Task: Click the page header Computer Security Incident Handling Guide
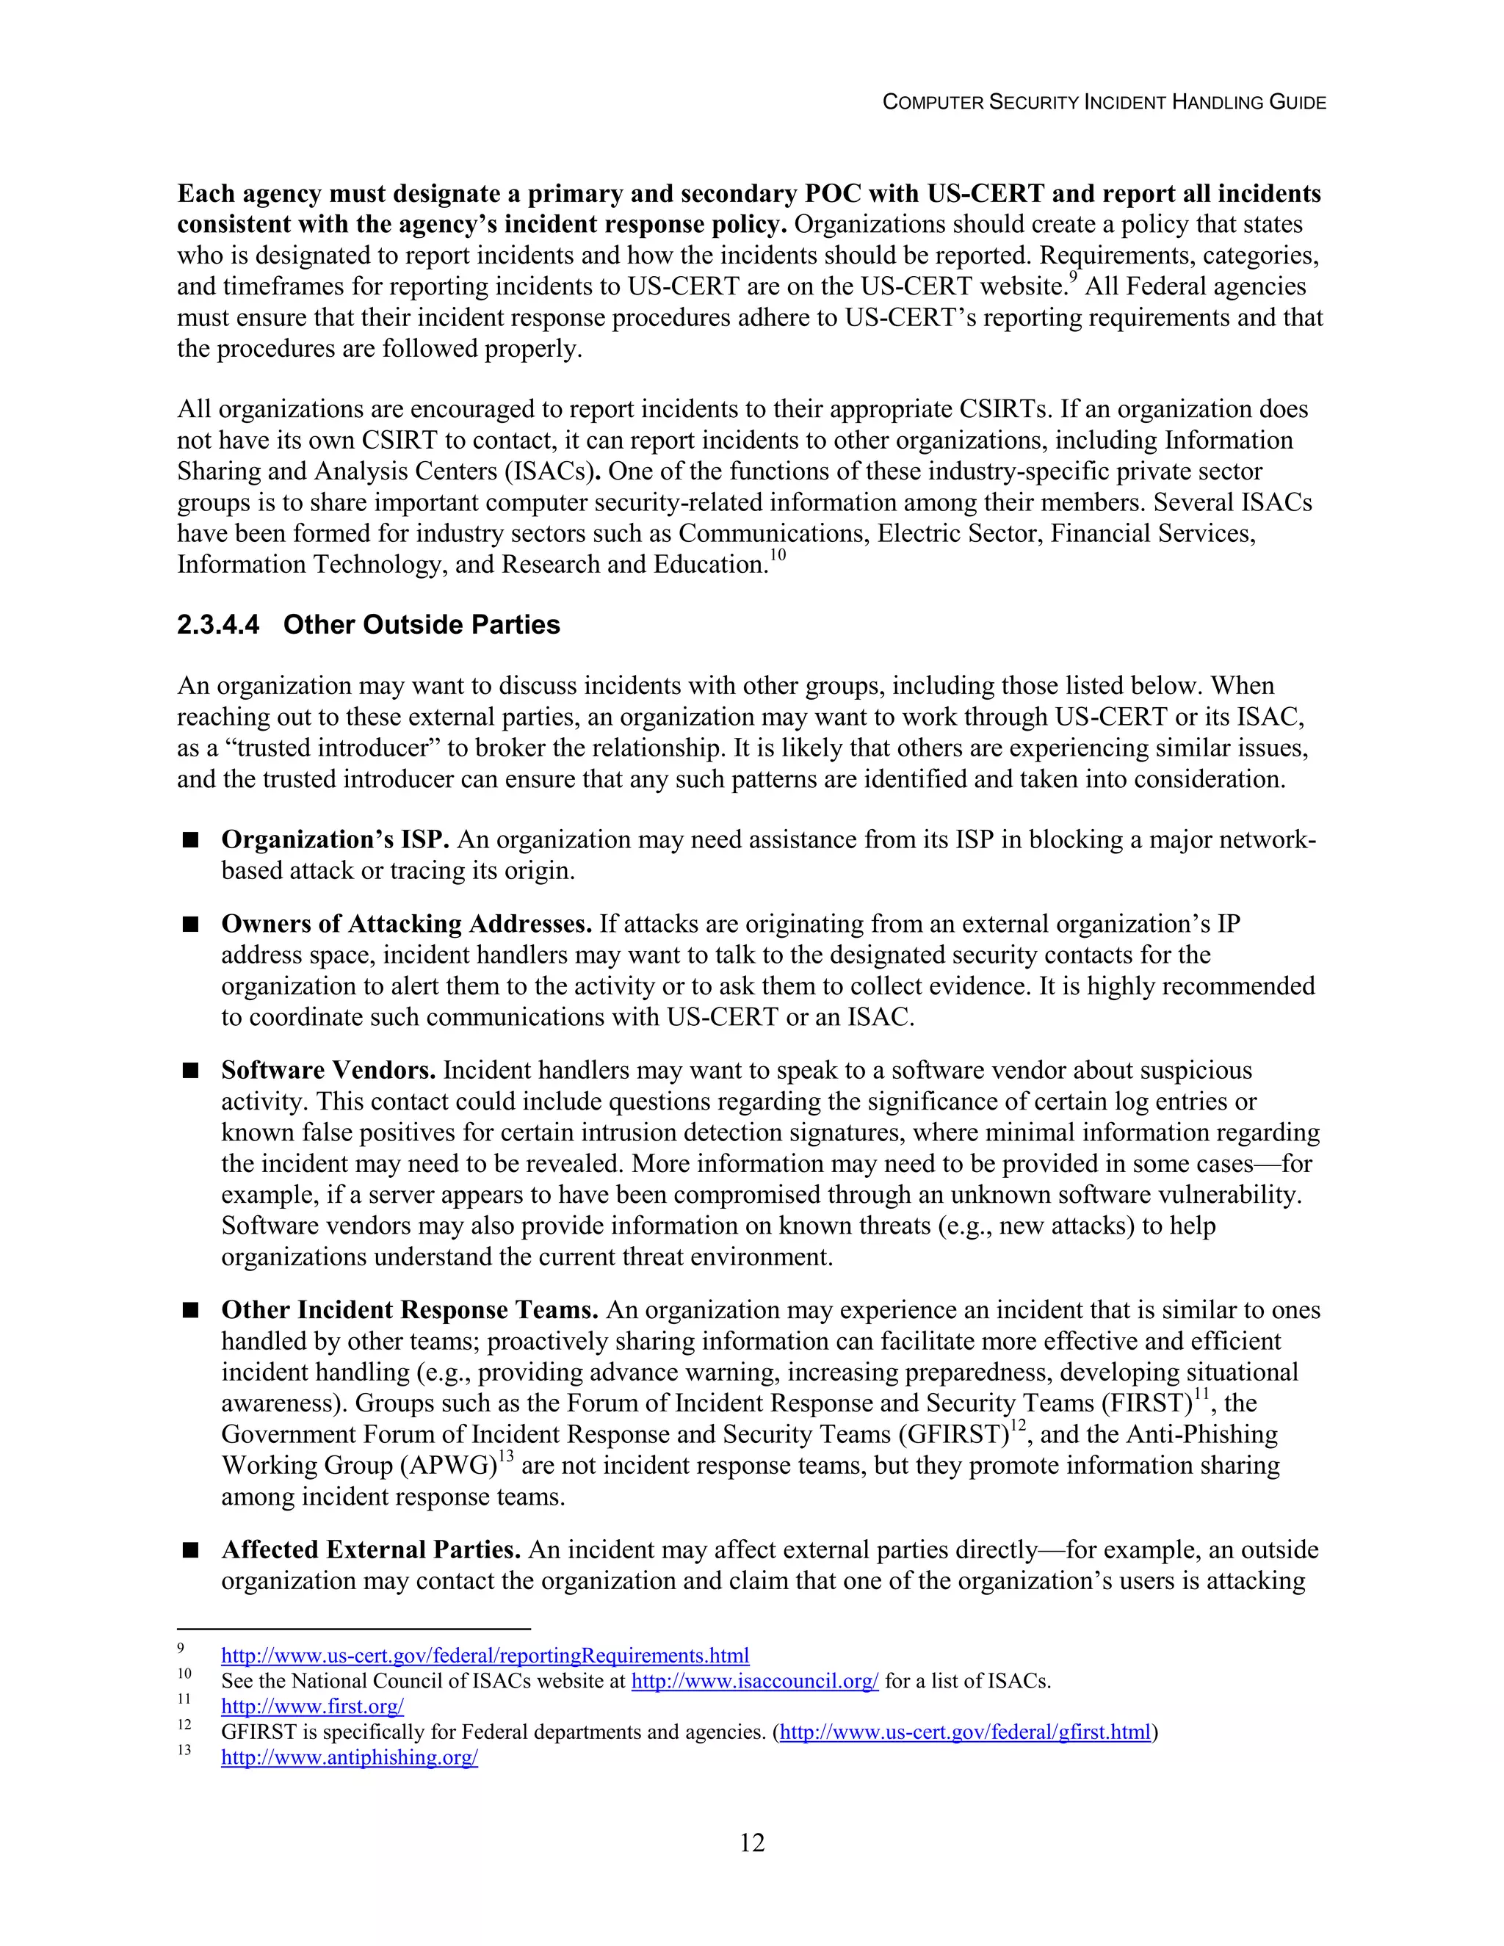coord(1103,103)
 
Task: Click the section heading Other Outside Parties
coord(422,625)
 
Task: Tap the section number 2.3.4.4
coord(218,625)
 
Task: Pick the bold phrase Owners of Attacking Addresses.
coord(406,924)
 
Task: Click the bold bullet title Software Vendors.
coord(328,1070)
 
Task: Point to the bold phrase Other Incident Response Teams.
coord(410,1310)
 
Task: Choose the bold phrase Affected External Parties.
coord(371,1549)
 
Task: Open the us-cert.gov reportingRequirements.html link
coord(485,1655)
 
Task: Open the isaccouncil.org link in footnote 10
coord(755,1682)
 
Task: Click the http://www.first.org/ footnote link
coord(312,1707)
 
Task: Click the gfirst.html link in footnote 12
coord(965,1732)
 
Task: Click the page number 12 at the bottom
coord(752,1842)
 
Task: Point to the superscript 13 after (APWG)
coord(505,1458)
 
